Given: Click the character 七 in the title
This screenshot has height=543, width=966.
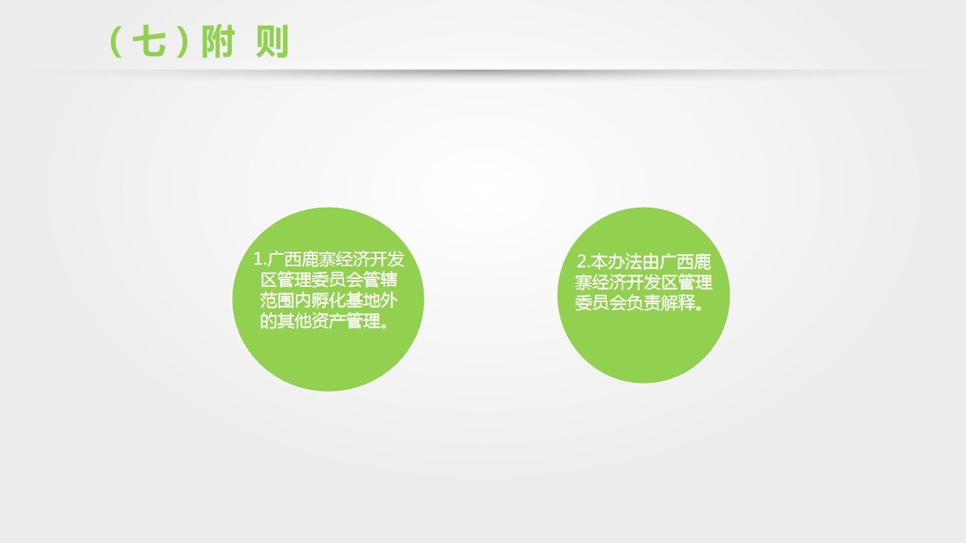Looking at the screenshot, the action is tap(150, 41).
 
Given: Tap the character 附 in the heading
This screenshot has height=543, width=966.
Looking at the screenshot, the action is tap(218, 41).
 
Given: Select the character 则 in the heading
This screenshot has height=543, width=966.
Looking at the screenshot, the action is tap(272, 41).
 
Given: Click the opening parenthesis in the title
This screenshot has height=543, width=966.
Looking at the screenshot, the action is tap(115, 41).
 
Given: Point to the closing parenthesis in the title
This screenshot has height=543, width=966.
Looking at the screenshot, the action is tap(182, 41).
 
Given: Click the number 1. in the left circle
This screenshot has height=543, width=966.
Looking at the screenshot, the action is tap(259, 259).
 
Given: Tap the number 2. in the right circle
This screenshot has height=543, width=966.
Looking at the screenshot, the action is tap(583, 262).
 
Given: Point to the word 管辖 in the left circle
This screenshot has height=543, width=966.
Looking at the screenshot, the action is tap(379, 280).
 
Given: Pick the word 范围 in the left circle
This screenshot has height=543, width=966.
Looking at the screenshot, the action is tap(277, 300).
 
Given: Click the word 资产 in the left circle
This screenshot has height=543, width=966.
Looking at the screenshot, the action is tap(328, 321).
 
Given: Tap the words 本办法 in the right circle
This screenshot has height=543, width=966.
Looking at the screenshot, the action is tap(616, 262).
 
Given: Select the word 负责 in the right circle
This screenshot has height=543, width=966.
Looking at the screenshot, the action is tap(643, 303).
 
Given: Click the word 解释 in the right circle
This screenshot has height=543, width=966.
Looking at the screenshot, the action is tap(678, 303).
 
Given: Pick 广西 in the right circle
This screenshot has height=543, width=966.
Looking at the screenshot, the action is tap(676, 262).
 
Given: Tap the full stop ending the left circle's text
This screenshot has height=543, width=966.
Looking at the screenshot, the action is tap(384, 325).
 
